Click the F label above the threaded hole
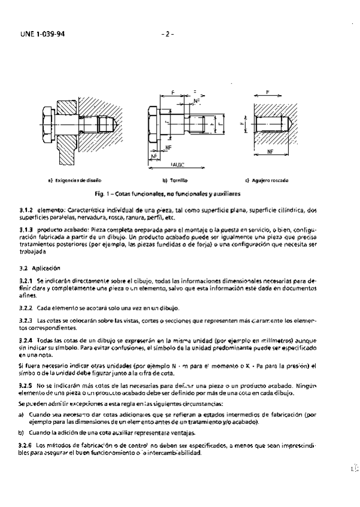click(x=267, y=93)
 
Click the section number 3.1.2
click(x=27, y=210)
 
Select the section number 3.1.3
click(x=27, y=230)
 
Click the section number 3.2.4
click(x=27, y=339)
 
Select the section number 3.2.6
click(x=27, y=446)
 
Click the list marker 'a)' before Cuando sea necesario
click(x=22, y=414)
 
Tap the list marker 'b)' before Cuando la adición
click(x=22, y=433)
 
